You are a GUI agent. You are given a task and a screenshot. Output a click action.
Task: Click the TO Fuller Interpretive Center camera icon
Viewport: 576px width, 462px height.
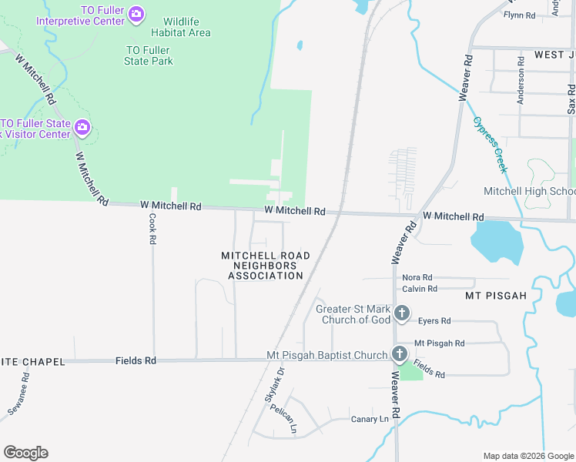coord(136,13)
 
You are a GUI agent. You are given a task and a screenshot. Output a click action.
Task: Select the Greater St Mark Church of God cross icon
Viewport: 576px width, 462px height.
coord(401,313)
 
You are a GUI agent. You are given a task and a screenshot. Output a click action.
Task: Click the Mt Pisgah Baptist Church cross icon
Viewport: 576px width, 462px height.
coord(399,354)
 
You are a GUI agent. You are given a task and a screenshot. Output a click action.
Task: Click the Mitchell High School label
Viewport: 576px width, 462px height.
coord(529,191)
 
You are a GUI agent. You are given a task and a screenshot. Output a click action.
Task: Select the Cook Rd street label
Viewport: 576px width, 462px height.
coord(152,229)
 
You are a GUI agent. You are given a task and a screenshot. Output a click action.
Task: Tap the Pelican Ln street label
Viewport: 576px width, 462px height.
coord(283,419)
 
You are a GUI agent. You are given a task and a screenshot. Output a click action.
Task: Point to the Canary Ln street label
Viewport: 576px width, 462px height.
coord(370,419)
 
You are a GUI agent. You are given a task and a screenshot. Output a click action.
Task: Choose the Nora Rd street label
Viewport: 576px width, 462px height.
coord(417,277)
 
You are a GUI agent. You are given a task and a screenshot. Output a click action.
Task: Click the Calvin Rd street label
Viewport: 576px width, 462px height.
coord(420,289)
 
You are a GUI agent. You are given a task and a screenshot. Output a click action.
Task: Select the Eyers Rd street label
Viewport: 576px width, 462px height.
coord(434,320)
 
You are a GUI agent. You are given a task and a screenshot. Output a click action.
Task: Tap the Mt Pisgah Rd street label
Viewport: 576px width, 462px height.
coord(440,343)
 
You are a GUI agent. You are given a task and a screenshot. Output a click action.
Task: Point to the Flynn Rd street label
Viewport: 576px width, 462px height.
coord(519,15)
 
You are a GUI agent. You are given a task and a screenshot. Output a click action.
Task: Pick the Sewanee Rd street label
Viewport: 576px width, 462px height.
coord(18,394)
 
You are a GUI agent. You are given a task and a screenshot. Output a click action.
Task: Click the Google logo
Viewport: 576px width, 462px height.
coord(25,453)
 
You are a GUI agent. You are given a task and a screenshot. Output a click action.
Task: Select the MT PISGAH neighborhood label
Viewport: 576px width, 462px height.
coord(495,296)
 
